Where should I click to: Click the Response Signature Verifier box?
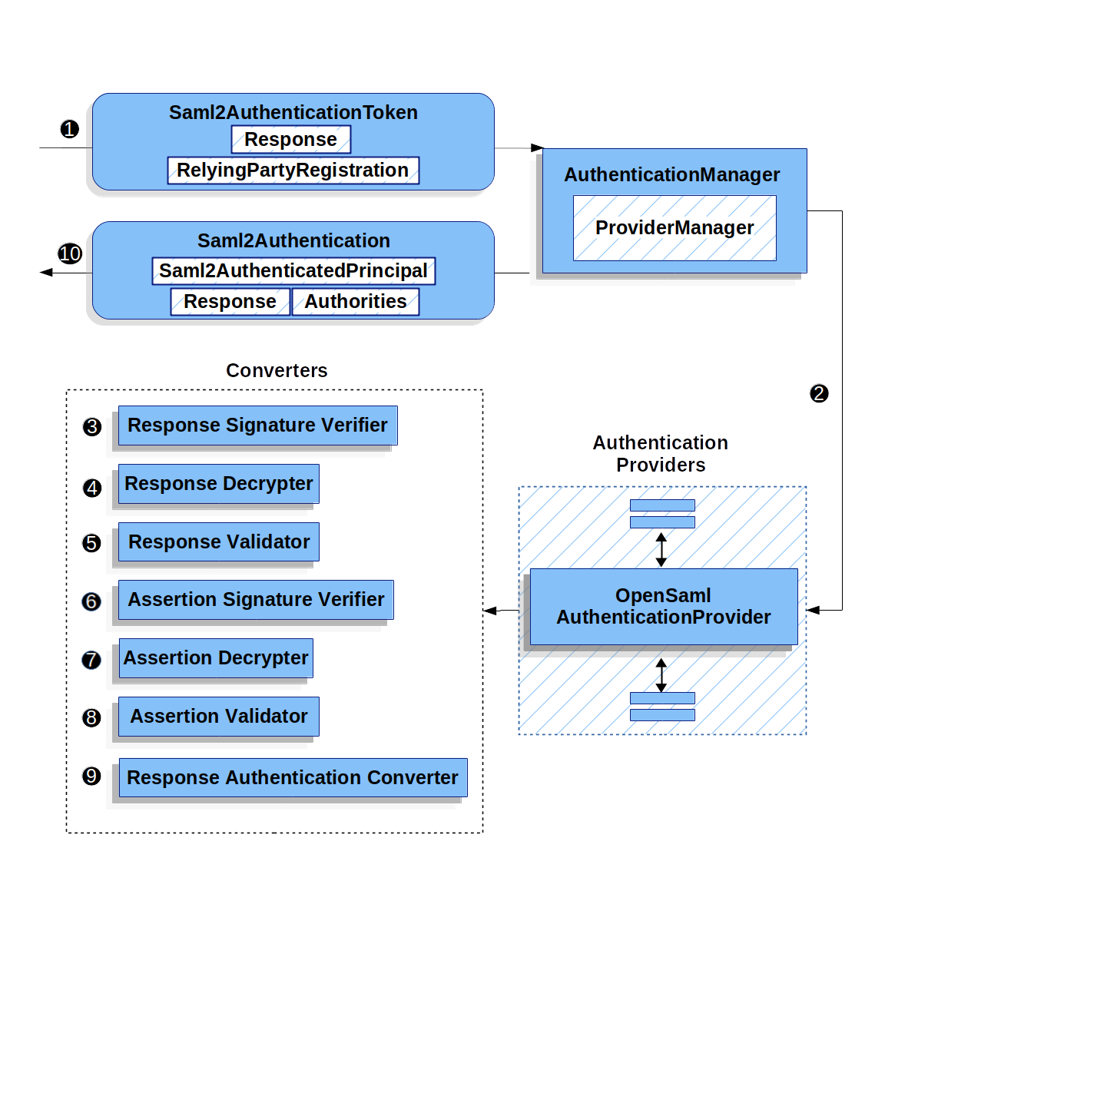point(257,426)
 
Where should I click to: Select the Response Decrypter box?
point(219,484)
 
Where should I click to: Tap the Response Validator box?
point(219,542)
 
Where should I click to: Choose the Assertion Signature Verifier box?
point(256,600)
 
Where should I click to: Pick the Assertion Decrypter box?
point(216,658)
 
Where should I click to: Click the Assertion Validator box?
point(219,717)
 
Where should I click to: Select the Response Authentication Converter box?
point(293,778)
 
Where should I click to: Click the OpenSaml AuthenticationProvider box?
point(664,607)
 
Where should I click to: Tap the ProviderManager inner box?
point(675,228)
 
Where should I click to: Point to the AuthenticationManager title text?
point(672,175)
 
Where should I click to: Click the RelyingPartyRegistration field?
point(293,171)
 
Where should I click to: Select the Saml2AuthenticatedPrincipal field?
point(293,271)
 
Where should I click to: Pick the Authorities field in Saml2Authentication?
point(356,302)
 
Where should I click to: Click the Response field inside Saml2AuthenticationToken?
point(290,140)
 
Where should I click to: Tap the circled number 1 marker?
point(70,129)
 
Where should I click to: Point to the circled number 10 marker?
point(70,253)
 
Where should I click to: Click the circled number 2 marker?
point(819,394)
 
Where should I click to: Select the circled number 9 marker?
point(91,777)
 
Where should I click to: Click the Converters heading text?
point(277,371)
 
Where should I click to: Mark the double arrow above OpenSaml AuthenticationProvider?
point(661,549)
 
